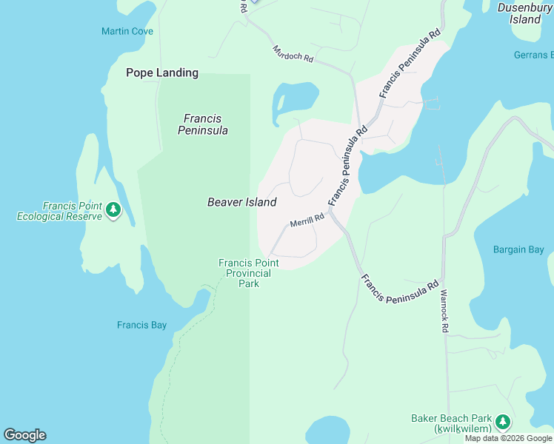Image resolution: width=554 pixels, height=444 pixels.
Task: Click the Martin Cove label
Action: pyautogui.click(x=127, y=31)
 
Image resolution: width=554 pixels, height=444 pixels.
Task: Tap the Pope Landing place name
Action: pyautogui.click(x=162, y=73)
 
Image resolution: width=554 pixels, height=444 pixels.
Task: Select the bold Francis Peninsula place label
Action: pyautogui.click(x=202, y=124)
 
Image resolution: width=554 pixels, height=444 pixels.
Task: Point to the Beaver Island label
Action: pyautogui.click(x=241, y=202)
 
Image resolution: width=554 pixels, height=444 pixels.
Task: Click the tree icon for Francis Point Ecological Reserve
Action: pyautogui.click(x=113, y=210)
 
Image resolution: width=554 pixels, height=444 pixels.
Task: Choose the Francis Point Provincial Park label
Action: pyautogui.click(x=244, y=273)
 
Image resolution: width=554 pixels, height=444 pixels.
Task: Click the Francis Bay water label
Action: pyautogui.click(x=141, y=325)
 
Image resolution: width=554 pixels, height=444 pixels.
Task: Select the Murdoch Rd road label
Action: pyautogui.click(x=293, y=54)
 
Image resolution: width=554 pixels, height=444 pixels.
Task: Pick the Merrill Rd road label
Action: pyautogui.click(x=307, y=221)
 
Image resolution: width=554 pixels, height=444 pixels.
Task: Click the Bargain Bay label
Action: pyautogui.click(x=518, y=249)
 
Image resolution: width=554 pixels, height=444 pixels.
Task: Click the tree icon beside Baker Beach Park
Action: pyautogui.click(x=504, y=422)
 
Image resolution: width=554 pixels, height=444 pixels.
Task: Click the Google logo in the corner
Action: pyautogui.click(x=24, y=435)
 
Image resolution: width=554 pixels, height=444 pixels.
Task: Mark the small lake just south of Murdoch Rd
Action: pyautogui.click(x=294, y=98)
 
